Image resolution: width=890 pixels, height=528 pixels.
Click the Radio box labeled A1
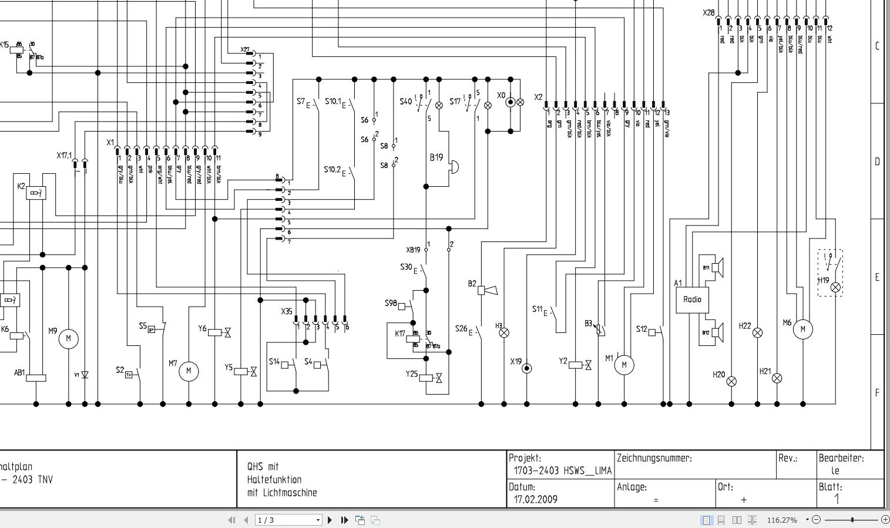[x=692, y=300]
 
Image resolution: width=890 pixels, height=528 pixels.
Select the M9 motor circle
[x=68, y=338]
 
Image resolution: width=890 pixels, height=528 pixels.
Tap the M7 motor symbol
[x=189, y=371]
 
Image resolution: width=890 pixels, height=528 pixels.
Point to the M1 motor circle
[x=624, y=365]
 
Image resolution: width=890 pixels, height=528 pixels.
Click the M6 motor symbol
[x=803, y=329]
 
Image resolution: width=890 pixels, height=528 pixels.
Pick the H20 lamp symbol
[x=731, y=381]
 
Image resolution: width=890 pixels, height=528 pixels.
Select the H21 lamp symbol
[x=777, y=378]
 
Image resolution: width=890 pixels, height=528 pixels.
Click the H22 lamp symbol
[x=757, y=332]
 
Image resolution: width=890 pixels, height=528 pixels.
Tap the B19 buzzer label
[x=436, y=157]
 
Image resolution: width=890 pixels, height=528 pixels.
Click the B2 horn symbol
[x=487, y=290]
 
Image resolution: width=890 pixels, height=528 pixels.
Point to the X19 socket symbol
[x=527, y=368]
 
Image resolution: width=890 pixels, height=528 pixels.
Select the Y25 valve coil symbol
[x=426, y=378]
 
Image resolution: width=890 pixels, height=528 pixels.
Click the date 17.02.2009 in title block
[x=535, y=499]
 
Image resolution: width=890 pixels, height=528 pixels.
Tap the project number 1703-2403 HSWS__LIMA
[x=562, y=470]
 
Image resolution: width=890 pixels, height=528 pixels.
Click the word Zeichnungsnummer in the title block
[x=654, y=458]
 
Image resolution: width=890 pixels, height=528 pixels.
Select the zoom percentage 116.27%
[x=782, y=520]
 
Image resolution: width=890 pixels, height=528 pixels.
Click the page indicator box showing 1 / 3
[x=288, y=520]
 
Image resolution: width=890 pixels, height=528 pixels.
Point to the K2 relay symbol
[x=36, y=193]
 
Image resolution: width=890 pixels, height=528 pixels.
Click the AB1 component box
[x=36, y=378]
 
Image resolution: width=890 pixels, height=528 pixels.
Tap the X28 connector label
[x=708, y=13]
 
